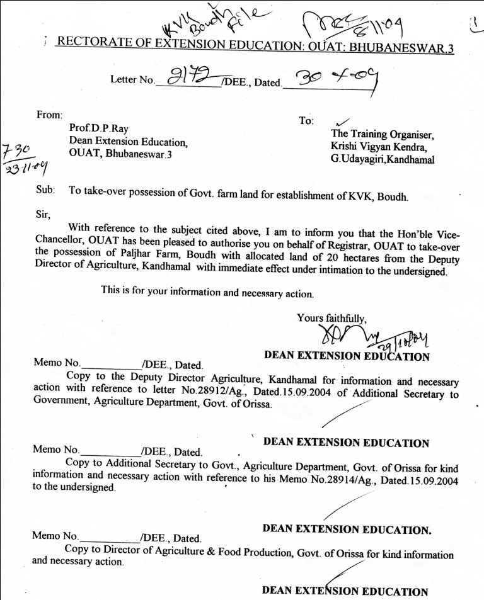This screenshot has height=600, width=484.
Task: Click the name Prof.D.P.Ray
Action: pyautogui.click(x=99, y=129)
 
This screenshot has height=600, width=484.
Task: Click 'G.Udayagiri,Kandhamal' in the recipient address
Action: pyautogui.click(x=383, y=160)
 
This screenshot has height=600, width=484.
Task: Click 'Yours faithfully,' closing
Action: pyautogui.click(x=331, y=319)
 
